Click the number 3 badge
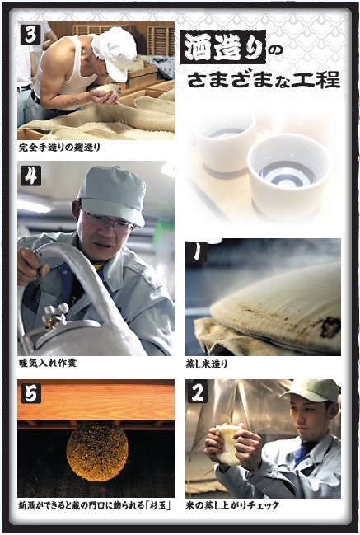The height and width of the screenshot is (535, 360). click(30, 34)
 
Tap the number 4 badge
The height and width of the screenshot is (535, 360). click(31, 176)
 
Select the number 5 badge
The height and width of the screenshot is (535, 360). click(31, 393)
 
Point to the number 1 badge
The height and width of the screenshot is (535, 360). click(196, 252)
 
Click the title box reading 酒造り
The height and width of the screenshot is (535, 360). click(222, 47)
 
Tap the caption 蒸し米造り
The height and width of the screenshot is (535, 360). click(206, 364)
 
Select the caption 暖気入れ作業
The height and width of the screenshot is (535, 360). click(48, 363)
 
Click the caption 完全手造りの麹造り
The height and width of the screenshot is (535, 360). click(59, 148)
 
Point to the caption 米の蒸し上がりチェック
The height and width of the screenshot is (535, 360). click(232, 505)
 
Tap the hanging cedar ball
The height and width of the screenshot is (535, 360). click(97, 451)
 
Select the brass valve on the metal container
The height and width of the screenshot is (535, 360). click(55, 315)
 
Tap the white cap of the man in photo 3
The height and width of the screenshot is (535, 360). click(115, 52)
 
